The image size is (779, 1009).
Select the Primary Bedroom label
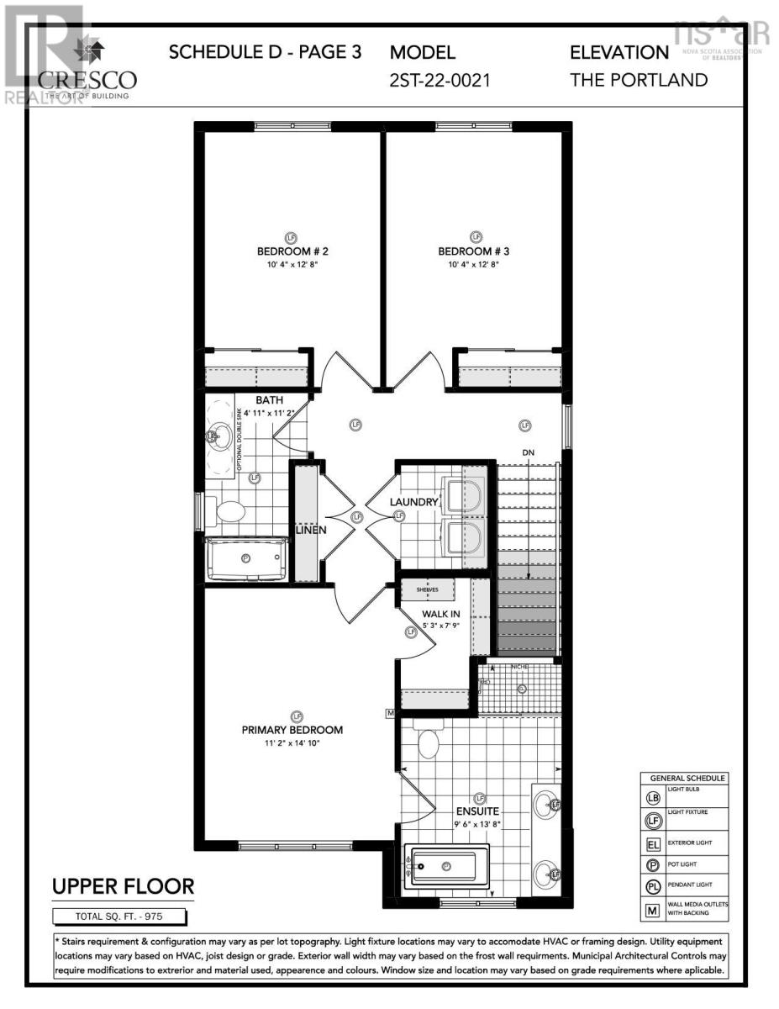[x=292, y=730]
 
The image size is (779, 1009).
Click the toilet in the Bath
[x=228, y=510]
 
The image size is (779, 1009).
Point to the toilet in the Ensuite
[x=429, y=743]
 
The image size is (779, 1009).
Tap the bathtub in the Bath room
[x=246, y=557]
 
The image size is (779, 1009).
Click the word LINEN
[x=310, y=531]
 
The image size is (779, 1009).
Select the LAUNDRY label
[x=414, y=502]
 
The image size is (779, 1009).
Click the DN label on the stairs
[x=529, y=453]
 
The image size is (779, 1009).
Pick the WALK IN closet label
[x=440, y=614]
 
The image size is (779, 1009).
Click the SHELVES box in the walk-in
[x=427, y=589]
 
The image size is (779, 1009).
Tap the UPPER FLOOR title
[x=124, y=885]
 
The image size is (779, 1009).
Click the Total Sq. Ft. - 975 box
[x=123, y=916]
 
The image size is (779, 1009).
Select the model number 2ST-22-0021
[x=440, y=80]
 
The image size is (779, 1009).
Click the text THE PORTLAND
[x=639, y=80]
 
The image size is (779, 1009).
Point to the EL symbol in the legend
[x=652, y=841]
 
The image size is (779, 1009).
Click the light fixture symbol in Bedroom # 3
[x=476, y=237]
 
